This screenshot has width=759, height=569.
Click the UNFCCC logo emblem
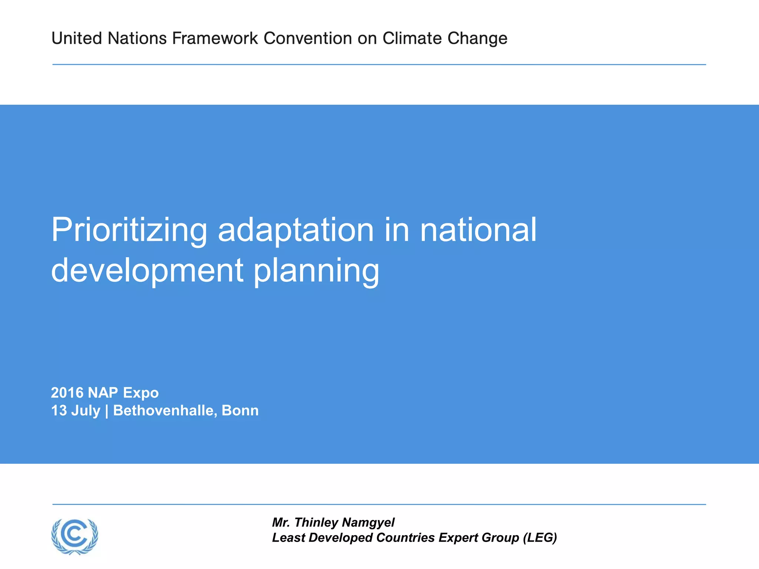(75, 536)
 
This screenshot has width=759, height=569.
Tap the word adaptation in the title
(296, 230)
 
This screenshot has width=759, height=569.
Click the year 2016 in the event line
(67, 393)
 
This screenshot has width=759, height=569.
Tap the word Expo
(141, 393)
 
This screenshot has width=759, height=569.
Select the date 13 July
(76, 411)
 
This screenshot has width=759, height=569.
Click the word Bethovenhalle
(165, 410)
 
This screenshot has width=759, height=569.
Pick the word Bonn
(240, 410)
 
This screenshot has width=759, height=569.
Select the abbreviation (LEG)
(540, 538)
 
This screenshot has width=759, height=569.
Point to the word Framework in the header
(215, 38)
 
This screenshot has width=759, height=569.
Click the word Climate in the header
(412, 38)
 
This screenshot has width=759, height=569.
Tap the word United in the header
(77, 38)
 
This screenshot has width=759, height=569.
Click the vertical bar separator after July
(107, 411)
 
